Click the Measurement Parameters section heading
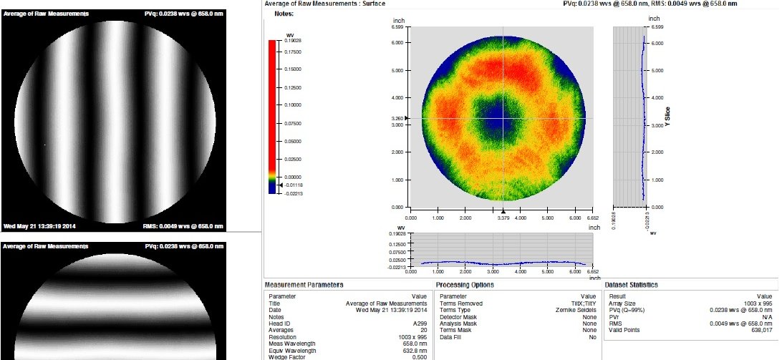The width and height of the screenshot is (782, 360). point(304,286)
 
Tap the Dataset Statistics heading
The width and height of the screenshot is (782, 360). point(631,286)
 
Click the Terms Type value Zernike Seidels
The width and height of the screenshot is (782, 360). point(577,310)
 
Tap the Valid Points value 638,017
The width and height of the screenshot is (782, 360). point(759,330)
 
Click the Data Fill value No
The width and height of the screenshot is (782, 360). point(592,336)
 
